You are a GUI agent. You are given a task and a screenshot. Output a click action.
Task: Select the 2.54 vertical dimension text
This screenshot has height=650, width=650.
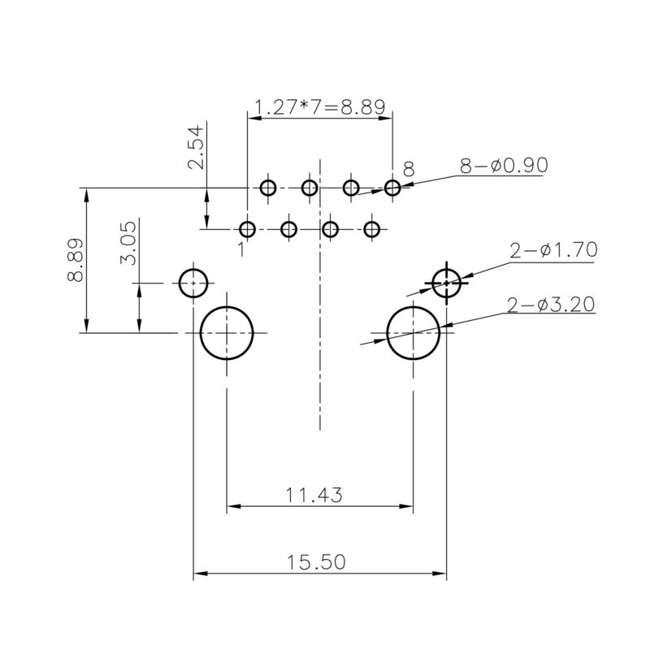(196, 151)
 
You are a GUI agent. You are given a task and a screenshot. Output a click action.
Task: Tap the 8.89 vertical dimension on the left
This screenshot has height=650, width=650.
(75, 260)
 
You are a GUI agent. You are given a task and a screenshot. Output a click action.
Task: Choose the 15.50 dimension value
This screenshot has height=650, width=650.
(317, 561)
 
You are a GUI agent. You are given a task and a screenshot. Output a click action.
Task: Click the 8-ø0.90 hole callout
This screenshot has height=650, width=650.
(504, 166)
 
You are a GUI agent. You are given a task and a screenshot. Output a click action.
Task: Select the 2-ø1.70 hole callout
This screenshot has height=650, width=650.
(553, 250)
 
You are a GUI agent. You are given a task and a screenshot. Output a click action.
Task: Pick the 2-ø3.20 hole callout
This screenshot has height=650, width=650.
(551, 305)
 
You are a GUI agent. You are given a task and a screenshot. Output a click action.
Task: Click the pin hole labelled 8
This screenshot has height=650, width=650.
(392, 188)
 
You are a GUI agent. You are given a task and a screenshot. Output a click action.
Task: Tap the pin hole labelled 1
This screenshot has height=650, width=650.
(248, 229)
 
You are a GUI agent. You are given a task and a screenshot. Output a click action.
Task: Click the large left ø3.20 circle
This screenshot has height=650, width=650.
(227, 333)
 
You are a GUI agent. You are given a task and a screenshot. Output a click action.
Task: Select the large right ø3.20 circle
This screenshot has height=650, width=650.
(414, 333)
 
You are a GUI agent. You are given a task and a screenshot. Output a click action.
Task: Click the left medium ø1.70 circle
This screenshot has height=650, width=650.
(193, 283)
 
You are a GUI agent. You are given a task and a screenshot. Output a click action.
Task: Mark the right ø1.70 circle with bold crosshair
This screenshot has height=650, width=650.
(447, 283)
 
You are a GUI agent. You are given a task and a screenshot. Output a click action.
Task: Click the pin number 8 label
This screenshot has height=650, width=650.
(408, 169)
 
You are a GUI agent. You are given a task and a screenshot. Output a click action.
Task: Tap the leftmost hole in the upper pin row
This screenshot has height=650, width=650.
(268, 188)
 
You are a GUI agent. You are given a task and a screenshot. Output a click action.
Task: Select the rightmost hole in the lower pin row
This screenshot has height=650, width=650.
(372, 229)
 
